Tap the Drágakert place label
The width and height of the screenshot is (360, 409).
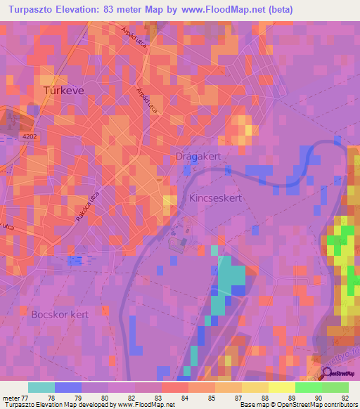click(x=198, y=158)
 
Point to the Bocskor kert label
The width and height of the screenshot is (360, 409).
click(x=60, y=314)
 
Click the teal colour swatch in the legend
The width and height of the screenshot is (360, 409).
click(x=41, y=387)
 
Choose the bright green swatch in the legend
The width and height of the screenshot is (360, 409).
click(x=308, y=387)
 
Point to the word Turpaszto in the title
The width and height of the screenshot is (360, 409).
click(x=39, y=10)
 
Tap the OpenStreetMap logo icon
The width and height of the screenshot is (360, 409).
click(x=326, y=373)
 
